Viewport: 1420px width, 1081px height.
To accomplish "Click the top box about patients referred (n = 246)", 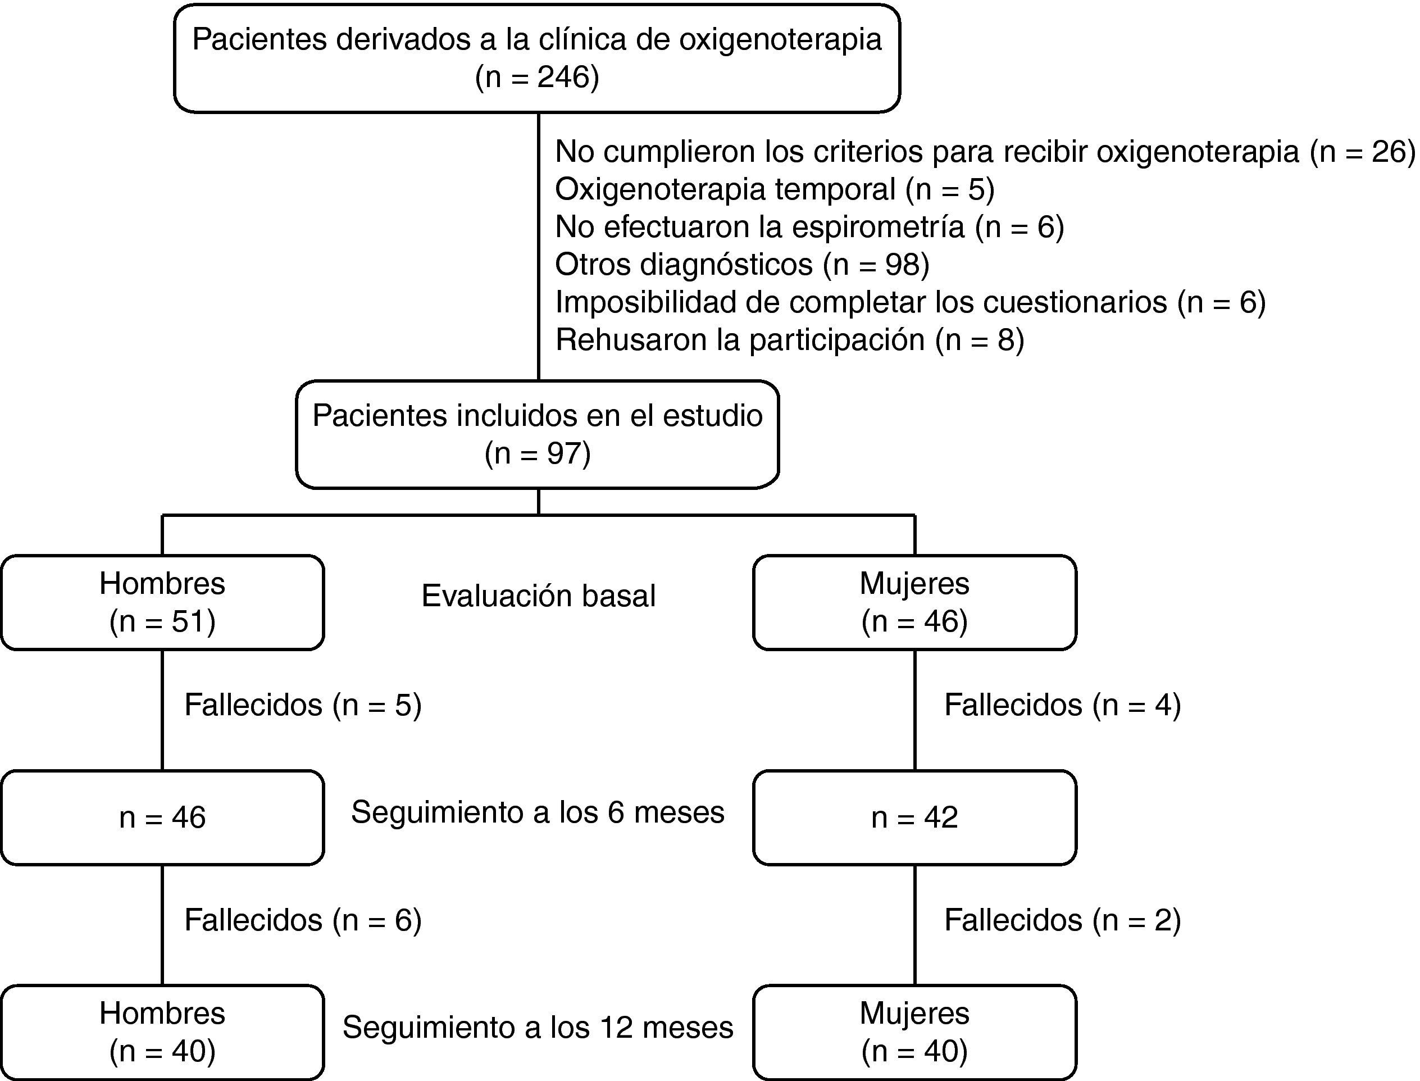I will (x=536, y=58).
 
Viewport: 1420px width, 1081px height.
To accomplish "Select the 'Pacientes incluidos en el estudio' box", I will (x=537, y=434).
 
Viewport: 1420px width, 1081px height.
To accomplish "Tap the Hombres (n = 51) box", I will (x=162, y=602).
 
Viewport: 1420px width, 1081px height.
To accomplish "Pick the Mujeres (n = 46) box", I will (x=914, y=602).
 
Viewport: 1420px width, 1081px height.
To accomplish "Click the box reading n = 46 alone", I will (x=162, y=817).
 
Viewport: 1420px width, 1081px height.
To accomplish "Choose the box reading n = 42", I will (x=914, y=817).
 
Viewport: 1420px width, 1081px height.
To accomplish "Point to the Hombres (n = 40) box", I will (x=162, y=1032).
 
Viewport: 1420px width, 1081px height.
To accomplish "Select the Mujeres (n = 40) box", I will (x=914, y=1032).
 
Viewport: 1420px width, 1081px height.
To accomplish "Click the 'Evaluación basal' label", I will (x=538, y=596).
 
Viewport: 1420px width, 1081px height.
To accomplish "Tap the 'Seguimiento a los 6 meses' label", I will (x=538, y=812).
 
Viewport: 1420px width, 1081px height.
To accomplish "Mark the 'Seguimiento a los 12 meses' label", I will (x=538, y=1027).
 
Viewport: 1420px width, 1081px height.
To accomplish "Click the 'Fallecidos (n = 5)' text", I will (x=303, y=705).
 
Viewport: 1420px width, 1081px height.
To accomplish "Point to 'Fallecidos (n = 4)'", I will (x=1062, y=705).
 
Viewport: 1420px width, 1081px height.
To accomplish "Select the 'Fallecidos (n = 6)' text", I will (x=303, y=920).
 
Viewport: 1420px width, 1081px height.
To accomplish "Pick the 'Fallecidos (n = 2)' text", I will (x=1062, y=920).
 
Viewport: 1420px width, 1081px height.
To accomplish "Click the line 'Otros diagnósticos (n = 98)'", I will (x=742, y=265).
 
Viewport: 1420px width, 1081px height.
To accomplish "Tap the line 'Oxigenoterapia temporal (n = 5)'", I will (x=774, y=189).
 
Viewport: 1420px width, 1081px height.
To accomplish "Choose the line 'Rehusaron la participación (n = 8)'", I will (x=789, y=340).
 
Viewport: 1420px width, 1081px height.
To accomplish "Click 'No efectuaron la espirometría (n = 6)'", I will (x=809, y=227).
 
